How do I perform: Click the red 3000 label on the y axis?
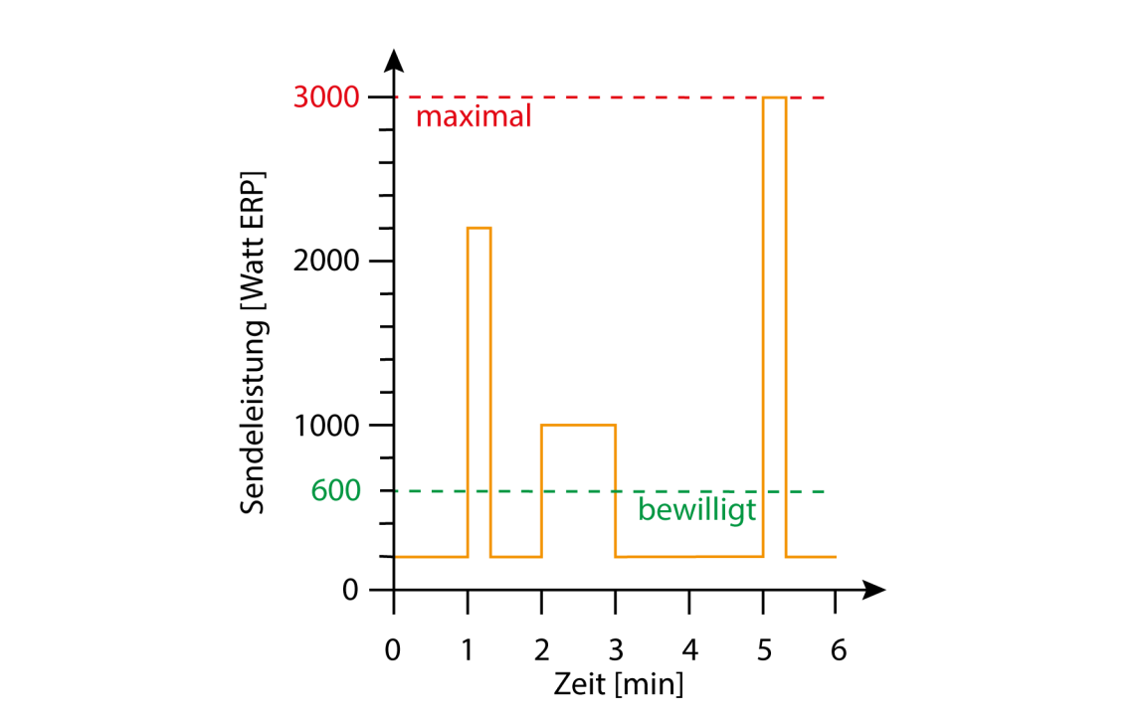pyautogui.click(x=327, y=97)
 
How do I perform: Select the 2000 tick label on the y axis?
pyautogui.click(x=327, y=262)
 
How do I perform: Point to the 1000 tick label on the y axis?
pyautogui.click(x=327, y=426)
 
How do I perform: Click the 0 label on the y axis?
pyautogui.click(x=349, y=590)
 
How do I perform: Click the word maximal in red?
pyautogui.click(x=474, y=117)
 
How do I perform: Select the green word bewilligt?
pyautogui.click(x=697, y=511)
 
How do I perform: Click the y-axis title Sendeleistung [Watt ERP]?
pyautogui.click(x=255, y=344)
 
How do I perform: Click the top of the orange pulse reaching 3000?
pyautogui.click(x=775, y=97)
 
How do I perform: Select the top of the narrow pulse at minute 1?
pyautogui.click(x=479, y=228)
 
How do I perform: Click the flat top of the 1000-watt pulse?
pyautogui.click(x=578, y=425)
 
